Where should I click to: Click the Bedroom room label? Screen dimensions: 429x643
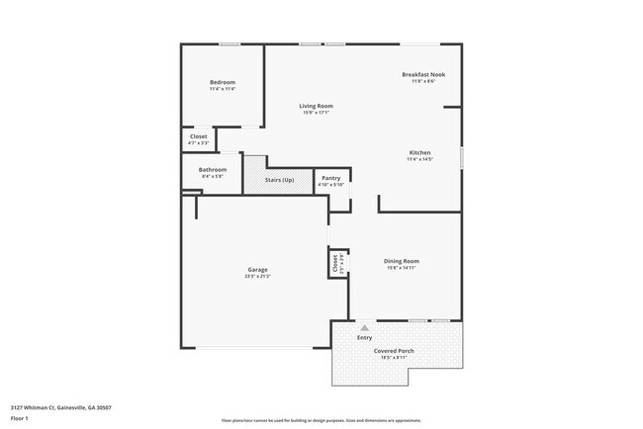[222, 82]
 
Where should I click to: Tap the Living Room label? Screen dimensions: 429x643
[317, 106]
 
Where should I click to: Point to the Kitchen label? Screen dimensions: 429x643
[420, 152]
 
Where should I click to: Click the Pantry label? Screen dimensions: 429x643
[330, 178]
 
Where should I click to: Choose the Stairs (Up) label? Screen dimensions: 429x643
[280, 180]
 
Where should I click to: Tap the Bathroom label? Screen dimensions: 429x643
[212, 169]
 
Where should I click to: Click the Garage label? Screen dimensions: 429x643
[257, 270]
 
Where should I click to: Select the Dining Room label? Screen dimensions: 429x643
[402, 261]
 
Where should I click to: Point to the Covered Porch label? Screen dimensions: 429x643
[393, 351]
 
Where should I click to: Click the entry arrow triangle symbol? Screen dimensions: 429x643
[364, 327]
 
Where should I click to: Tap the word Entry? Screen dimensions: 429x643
[364, 338]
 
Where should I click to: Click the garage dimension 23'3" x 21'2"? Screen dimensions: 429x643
[257, 278]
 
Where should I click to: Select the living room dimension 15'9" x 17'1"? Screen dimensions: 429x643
[317, 113]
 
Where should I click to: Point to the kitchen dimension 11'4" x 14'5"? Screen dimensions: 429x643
[420, 159]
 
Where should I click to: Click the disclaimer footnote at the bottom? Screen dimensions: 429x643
[320, 421]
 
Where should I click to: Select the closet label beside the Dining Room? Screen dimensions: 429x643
[335, 263]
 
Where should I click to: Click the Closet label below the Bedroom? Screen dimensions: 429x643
[198, 136]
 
